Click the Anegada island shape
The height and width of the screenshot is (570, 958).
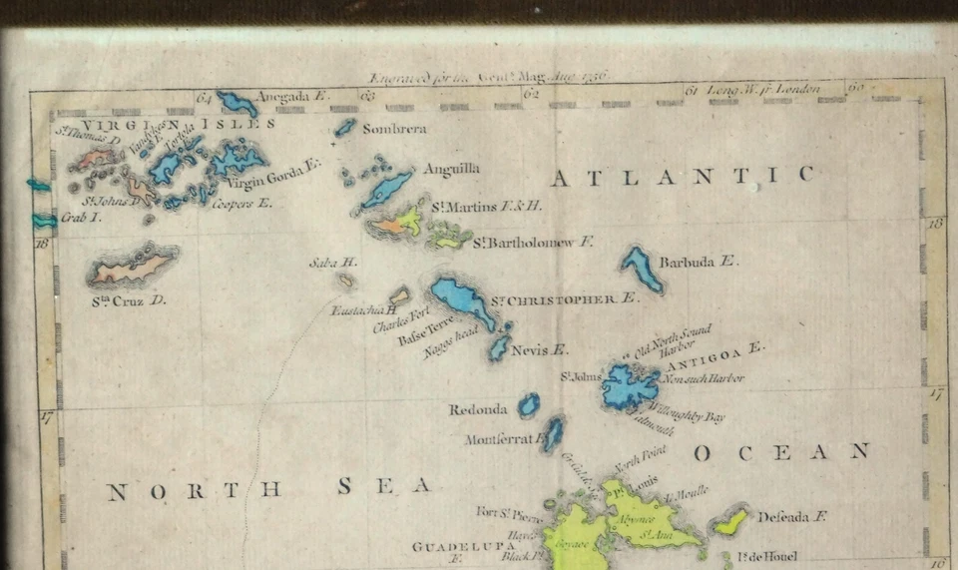238,102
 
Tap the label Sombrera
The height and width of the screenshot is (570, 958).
394,129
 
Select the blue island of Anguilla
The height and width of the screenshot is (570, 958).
387,187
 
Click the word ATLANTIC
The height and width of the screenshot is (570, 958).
683,177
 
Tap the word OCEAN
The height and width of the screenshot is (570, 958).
781,452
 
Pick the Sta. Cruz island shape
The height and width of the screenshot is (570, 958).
133,268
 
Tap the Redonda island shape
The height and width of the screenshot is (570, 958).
528,404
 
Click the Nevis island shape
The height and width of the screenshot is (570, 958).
499,346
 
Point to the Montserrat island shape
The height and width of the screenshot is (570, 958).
553,433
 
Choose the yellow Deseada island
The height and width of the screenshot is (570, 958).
731,520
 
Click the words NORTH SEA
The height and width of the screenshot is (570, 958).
268,489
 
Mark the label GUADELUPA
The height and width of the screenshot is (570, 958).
462,547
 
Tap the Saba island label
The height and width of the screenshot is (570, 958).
333,263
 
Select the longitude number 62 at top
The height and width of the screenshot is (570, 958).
531,94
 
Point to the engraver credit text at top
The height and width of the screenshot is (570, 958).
488,76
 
